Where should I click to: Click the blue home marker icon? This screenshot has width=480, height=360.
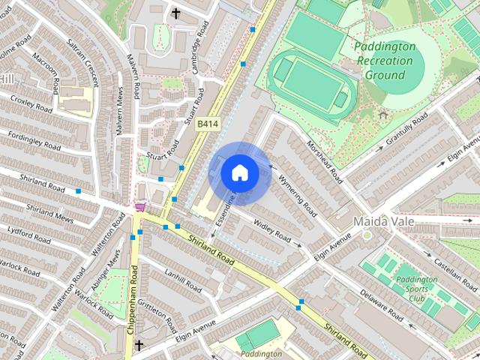(239, 173)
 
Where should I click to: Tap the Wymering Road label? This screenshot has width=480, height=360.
(297, 190)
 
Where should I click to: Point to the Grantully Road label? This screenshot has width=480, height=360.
(406, 130)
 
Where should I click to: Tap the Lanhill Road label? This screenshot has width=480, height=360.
(183, 280)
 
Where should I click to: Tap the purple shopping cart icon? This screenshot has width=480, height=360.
(139, 207)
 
